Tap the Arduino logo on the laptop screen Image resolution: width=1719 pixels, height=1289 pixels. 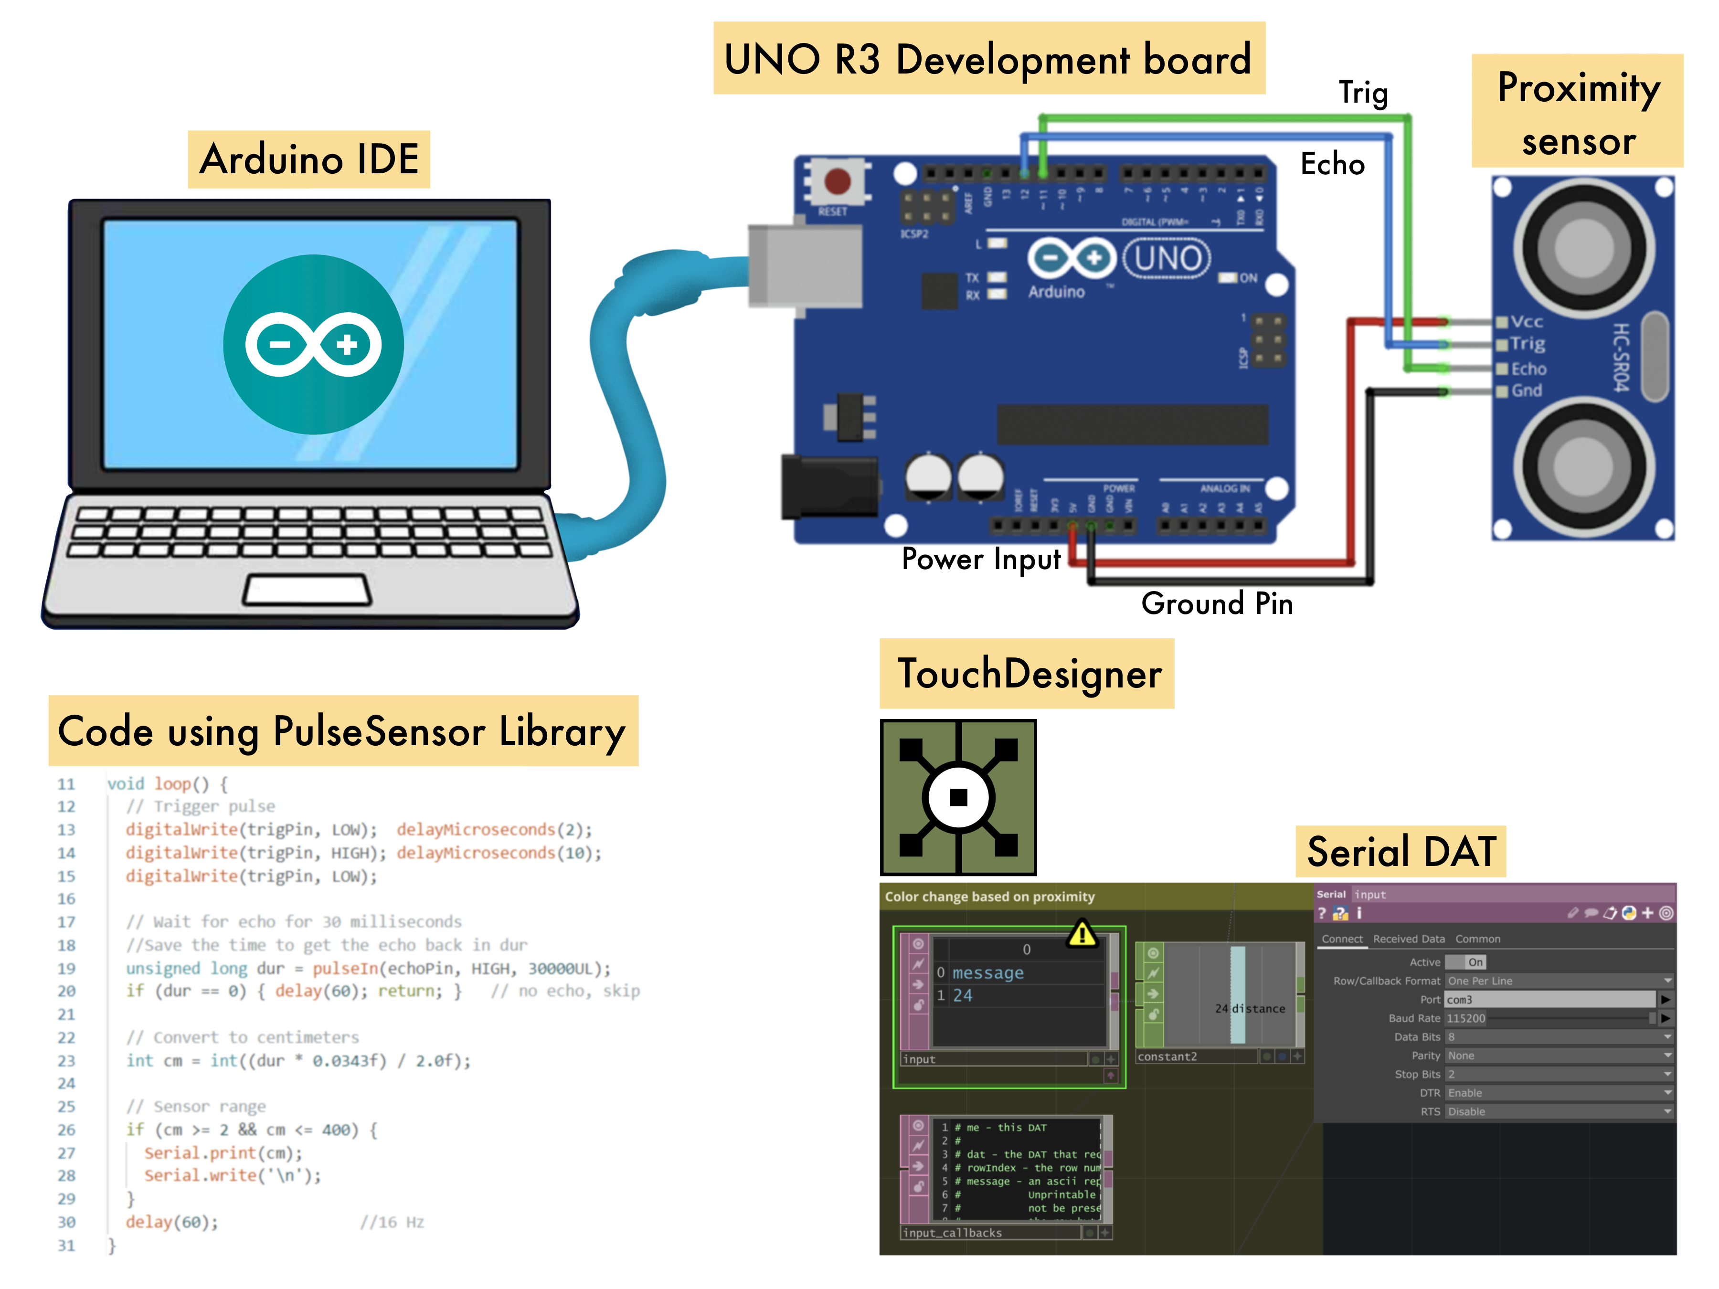tap(313, 344)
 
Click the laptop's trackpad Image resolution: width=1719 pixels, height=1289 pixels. tap(307, 591)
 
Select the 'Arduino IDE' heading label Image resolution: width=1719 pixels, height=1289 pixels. tap(308, 159)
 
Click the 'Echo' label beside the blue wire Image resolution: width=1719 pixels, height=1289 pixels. tap(1332, 164)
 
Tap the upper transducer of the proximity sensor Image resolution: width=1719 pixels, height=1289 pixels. tap(1583, 246)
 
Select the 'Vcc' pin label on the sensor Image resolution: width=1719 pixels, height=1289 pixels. tap(1526, 322)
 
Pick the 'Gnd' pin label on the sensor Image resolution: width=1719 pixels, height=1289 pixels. tap(1526, 391)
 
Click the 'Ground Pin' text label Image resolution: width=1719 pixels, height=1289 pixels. tap(1216, 604)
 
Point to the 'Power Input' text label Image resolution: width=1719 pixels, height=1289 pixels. tap(981, 559)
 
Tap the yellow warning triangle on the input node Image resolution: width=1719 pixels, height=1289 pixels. tap(1082, 934)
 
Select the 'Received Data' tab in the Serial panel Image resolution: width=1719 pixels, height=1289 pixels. tap(1408, 939)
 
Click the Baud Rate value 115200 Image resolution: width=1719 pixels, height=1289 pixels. tap(1465, 1018)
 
